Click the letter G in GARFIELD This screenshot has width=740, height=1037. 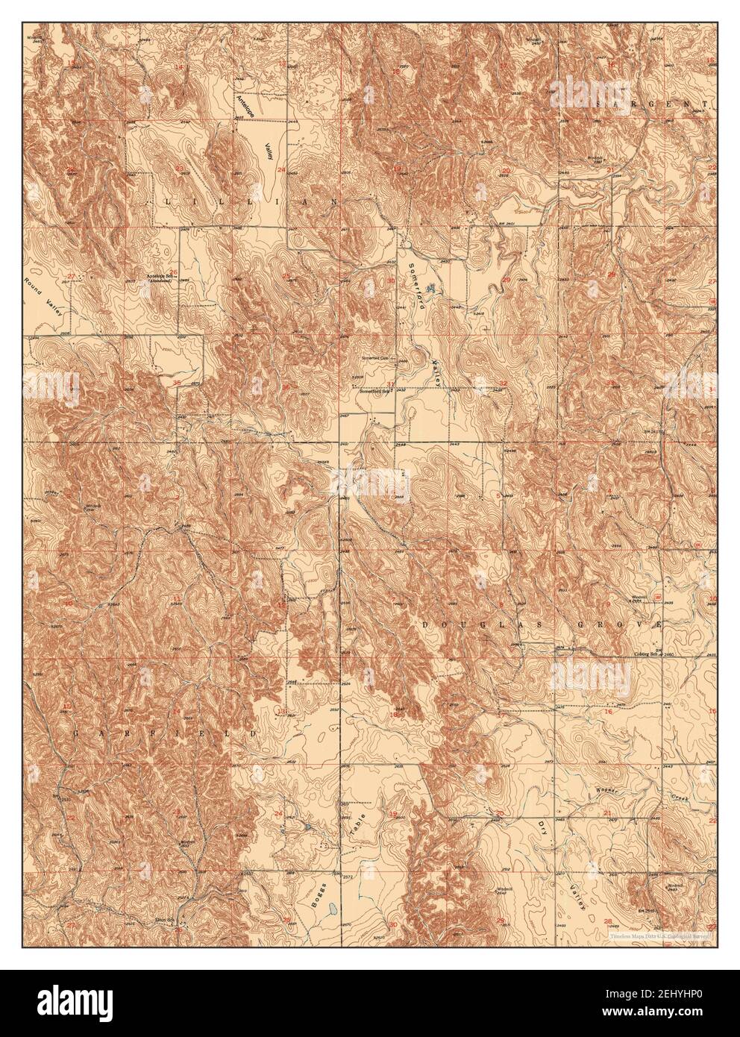pyautogui.click(x=77, y=734)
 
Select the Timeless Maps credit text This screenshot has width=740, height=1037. pyautogui.click(x=656, y=935)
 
